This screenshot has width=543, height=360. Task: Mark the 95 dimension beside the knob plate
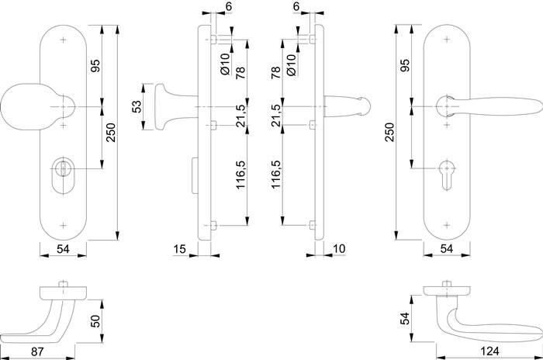click(95, 65)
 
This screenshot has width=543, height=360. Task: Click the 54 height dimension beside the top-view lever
click(403, 318)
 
